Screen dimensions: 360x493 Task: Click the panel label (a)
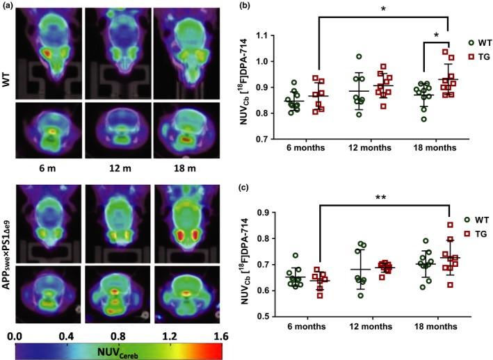8,6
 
